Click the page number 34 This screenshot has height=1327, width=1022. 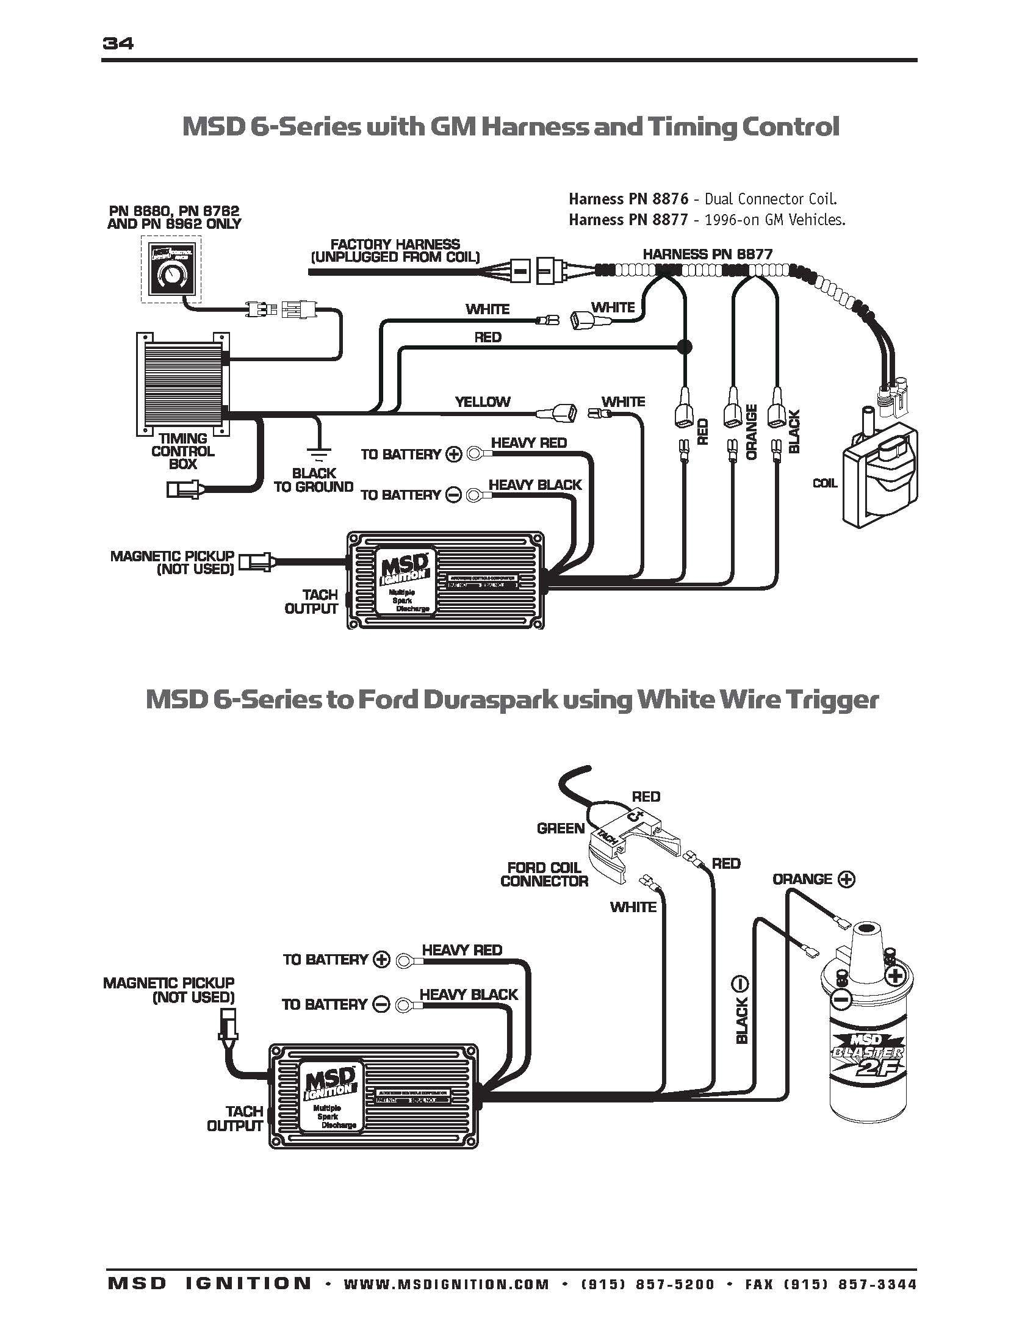(118, 43)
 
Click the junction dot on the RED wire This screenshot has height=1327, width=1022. (685, 347)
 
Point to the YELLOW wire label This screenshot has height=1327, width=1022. (482, 401)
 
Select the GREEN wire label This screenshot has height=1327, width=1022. (560, 828)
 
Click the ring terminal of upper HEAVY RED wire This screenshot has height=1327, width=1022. (474, 453)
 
